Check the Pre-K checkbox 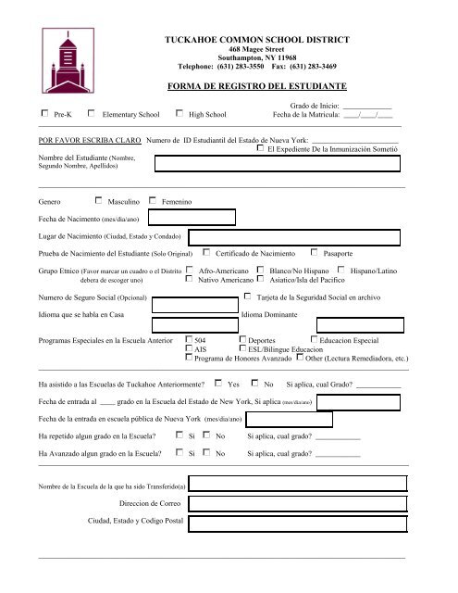(46, 114)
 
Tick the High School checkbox (179, 114)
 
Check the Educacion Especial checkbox (315, 341)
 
